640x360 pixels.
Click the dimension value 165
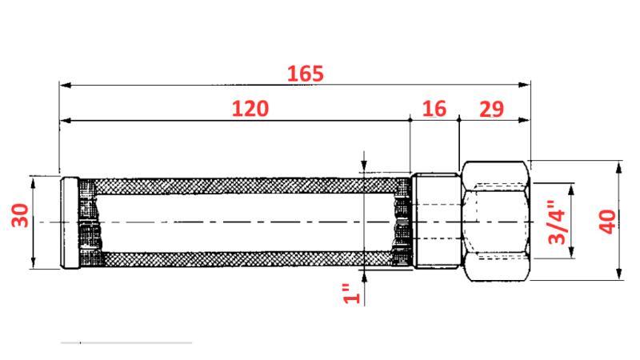306,74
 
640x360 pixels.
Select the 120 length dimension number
250,108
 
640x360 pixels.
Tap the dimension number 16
434,108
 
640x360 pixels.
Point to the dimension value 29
491,109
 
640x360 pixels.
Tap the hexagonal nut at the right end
496,221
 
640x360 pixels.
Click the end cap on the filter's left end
69,221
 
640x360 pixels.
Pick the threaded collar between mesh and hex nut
435,221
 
